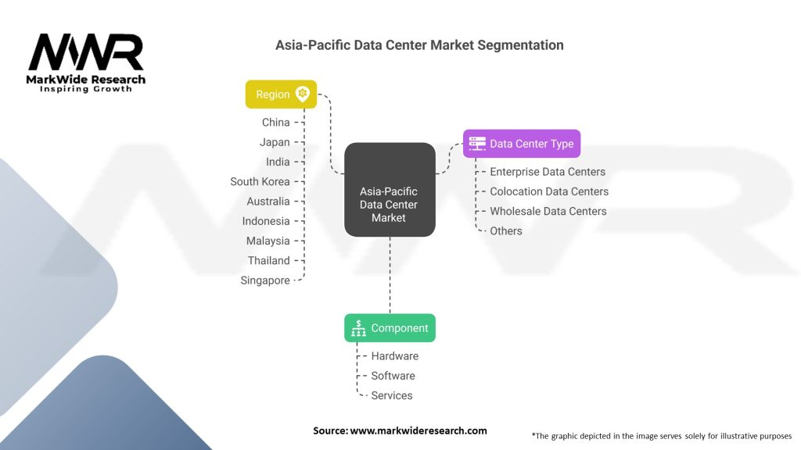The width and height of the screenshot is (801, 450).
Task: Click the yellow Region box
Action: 281,95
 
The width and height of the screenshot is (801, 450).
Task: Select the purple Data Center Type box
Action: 522,144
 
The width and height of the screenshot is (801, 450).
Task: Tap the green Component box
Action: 390,328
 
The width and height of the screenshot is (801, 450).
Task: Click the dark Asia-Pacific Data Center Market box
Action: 390,190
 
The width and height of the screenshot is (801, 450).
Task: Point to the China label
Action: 276,123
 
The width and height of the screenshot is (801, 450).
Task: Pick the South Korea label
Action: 260,181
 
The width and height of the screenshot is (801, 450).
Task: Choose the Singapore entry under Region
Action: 265,280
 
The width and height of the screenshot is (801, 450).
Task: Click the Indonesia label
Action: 266,221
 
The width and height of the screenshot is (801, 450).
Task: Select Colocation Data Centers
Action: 549,191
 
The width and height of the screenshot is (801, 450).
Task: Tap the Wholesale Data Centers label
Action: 548,211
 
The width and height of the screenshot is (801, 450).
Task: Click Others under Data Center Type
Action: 506,231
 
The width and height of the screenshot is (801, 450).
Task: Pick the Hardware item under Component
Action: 395,356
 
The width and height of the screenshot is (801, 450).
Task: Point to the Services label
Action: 392,395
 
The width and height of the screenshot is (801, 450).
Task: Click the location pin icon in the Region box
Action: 303,94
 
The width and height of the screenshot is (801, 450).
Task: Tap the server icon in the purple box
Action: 477,144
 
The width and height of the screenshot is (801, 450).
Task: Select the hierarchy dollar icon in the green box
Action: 358,328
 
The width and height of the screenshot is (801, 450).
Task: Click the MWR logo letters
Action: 86,52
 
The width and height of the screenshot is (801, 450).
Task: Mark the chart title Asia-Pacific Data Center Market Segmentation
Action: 419,45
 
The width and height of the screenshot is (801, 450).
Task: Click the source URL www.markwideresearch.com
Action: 418,430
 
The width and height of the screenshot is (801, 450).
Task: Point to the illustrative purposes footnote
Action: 662,436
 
